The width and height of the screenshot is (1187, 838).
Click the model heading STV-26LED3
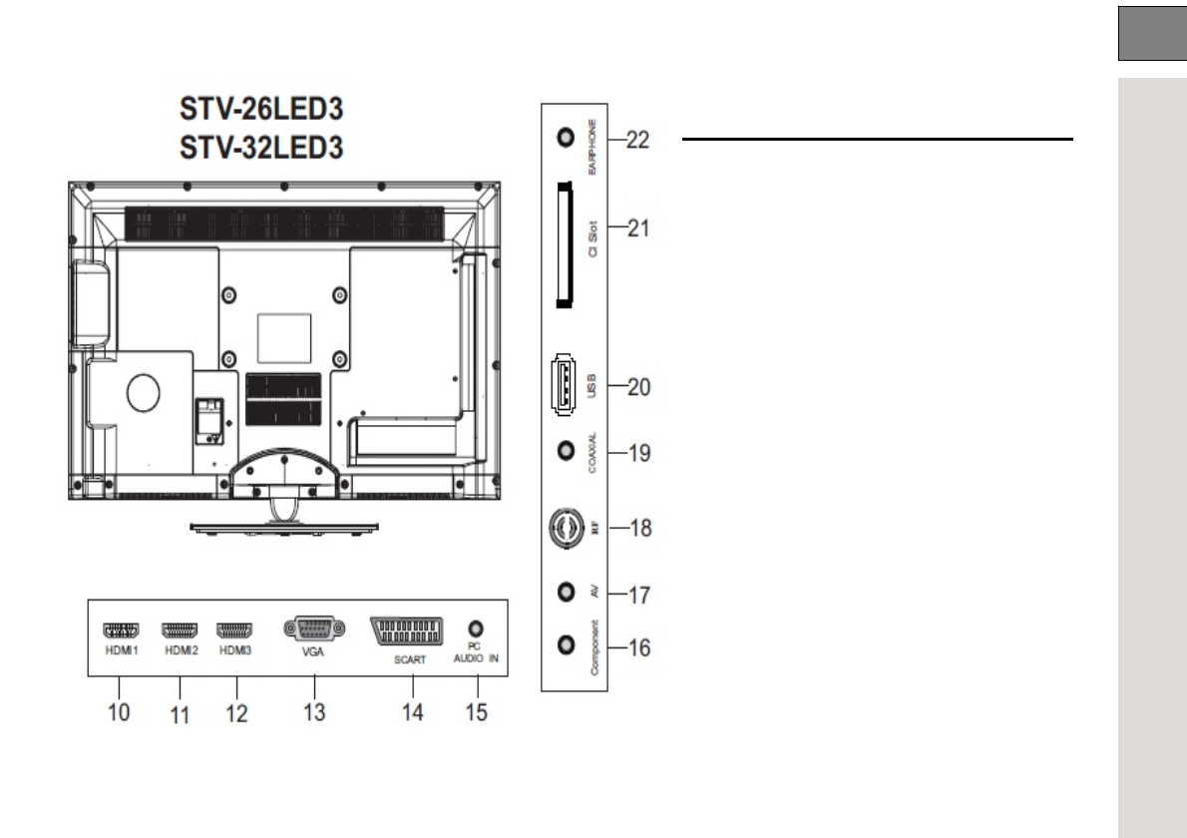click(261, 109)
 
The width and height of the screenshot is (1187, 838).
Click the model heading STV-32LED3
click(261, 147)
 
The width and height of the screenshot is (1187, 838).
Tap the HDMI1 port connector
click(121, 629)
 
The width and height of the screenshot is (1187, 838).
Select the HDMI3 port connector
click(234, 629)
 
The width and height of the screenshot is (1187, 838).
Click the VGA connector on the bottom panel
click(314, 628)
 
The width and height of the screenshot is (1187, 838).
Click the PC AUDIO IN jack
click(476, 628)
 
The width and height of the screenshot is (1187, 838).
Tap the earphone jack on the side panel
click(566, 137)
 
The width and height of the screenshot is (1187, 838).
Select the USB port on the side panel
click(564, 384)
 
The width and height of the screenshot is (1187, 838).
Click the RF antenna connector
click(567, 527)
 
